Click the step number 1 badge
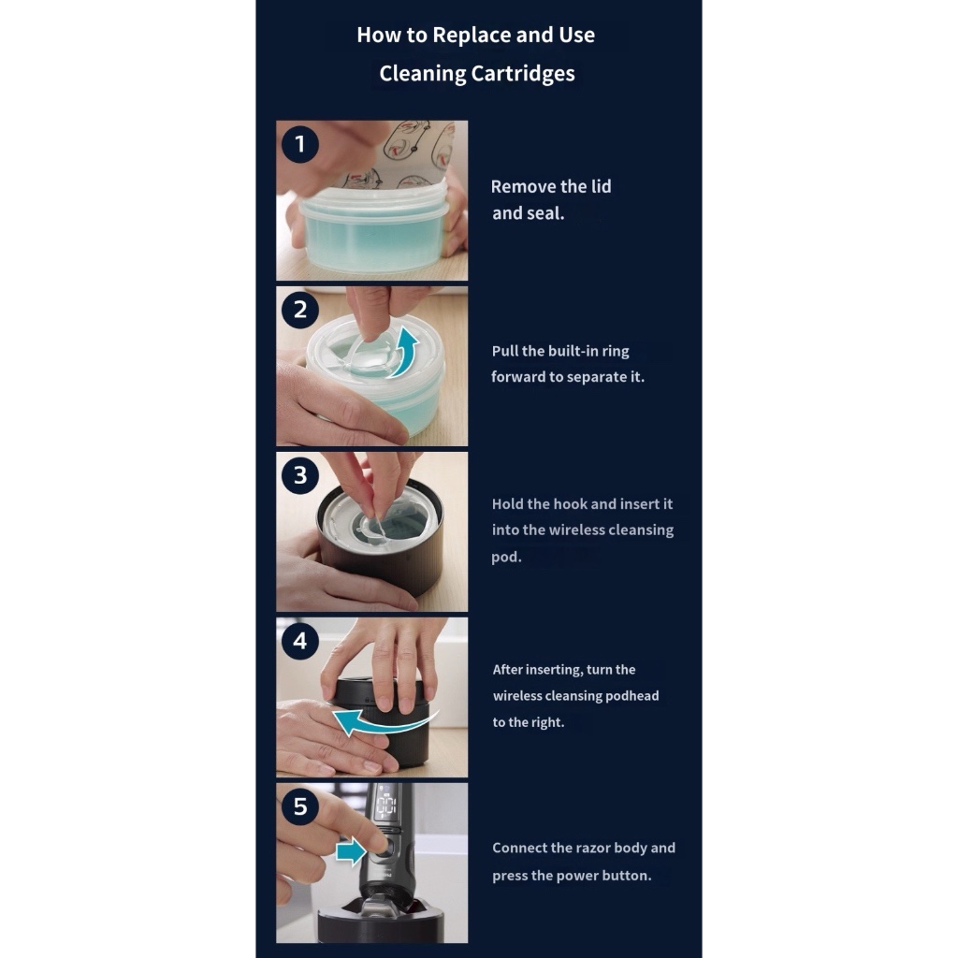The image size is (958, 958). coord(300,144)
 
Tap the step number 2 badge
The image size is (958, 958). coord(300,310)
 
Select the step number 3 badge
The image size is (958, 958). coord(300,475)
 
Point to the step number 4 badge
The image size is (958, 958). coord(300,641)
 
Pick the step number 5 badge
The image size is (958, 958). coord(300,806)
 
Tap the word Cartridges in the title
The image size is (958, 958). coord(523,74)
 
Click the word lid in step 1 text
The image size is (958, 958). coord(601,186)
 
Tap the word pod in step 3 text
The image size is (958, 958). coord(506,558)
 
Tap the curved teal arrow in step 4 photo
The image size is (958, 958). coord(385,721)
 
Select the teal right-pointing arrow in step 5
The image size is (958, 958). coord(352,851)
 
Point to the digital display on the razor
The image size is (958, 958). coord(386,806)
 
